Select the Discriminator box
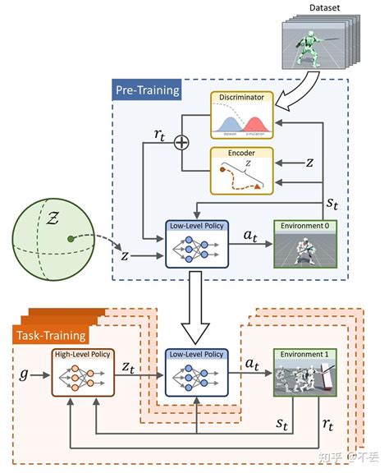point(242,116)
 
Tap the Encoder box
point(242,171)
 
